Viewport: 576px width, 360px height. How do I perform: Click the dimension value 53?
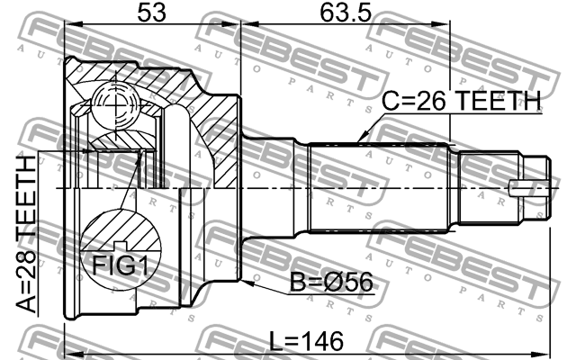point(151,12)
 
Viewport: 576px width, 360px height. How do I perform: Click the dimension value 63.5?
point(346,12)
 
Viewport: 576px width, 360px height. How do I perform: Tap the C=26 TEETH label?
point(462,101)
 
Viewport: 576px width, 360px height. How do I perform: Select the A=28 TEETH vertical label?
point(26,234)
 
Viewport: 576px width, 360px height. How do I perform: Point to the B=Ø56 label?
point(331,282)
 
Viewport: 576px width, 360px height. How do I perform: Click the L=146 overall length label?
point(306,341)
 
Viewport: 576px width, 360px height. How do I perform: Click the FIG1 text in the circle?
point(120,265)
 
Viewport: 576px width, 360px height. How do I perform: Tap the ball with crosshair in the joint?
point(115,106)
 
